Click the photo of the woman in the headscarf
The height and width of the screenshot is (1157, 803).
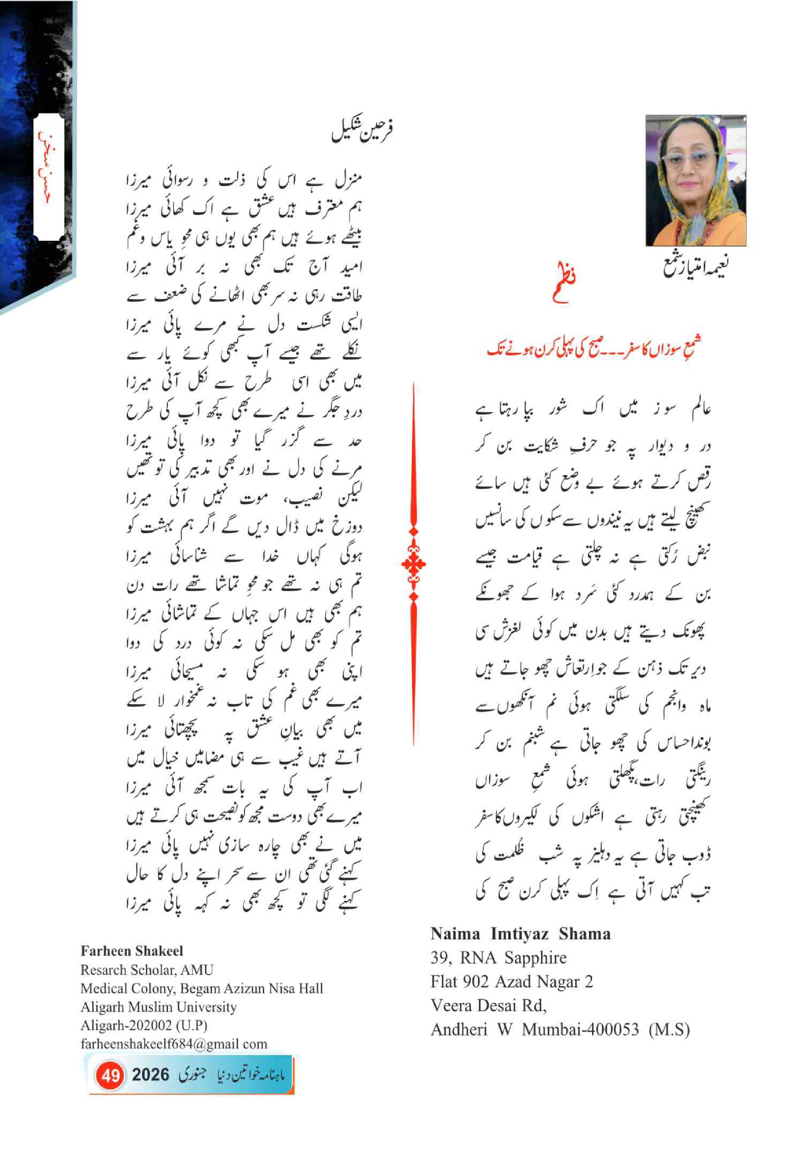(695, 180)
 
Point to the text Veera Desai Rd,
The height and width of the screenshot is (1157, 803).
(488, 1005)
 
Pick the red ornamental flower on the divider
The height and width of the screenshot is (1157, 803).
(414, 564)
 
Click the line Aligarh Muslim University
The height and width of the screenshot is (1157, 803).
(158, 1007)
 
